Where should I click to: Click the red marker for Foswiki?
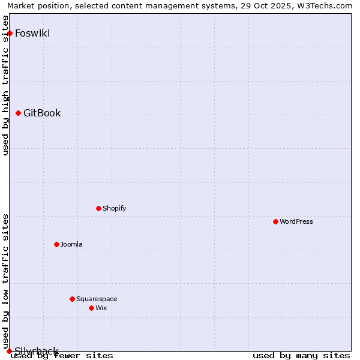[10, 33]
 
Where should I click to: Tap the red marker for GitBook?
[18, 113]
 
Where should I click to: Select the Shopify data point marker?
[98, 208]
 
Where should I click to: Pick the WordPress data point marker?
[275, 221]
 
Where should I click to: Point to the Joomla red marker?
[56, 244]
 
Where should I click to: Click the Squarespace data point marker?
[72, 299]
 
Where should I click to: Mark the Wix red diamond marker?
[91, 308]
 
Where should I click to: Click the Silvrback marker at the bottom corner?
[9, 351]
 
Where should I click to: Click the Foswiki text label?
[32, 33]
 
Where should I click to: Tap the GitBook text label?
[42, 113]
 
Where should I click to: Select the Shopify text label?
[114, 208]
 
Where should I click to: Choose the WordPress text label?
[296, 221]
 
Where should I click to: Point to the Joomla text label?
[71, 244]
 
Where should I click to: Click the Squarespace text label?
[97, 299]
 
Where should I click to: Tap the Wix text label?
[101, 308]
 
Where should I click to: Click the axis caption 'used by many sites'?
[301, 356]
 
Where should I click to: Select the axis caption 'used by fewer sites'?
[62, 356]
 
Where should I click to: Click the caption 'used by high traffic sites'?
[6, 85]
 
